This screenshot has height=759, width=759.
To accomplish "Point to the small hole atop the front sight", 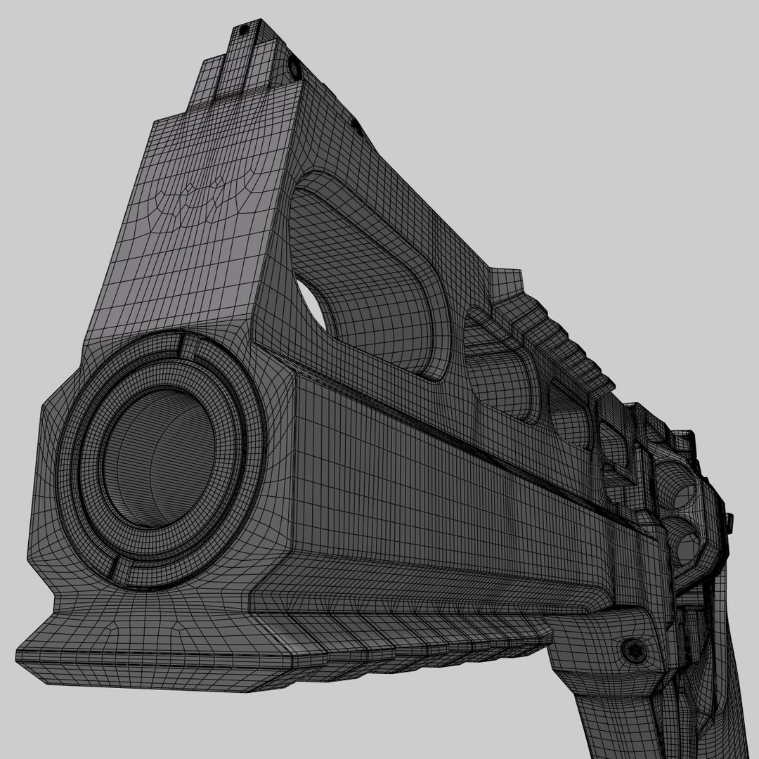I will (x=243, y=30).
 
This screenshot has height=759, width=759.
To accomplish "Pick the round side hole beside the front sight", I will (x=292, y=68).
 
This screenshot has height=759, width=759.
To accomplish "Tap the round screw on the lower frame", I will (x=634, y=649).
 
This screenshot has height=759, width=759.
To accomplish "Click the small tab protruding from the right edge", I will (x=729, y=521).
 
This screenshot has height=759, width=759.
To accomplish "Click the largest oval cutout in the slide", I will (x=372, y=281).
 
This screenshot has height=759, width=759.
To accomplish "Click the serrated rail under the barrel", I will (x=422, y=618).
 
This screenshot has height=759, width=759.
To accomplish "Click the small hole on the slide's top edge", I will (x=356, y=126).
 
